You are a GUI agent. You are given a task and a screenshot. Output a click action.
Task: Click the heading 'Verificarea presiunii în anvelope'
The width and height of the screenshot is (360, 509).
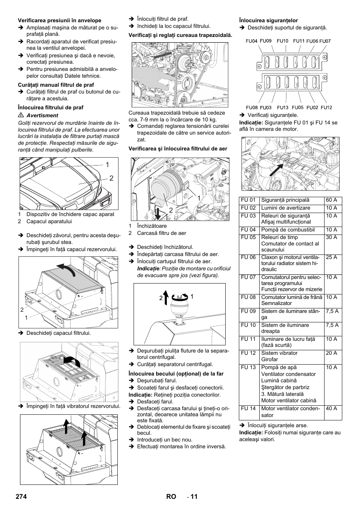coord(60,20)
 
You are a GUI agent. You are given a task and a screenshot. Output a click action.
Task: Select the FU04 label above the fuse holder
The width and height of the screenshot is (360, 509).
coord(251,41)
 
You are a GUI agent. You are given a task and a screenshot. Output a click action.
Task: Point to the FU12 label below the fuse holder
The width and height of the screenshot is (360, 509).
coord(326,107)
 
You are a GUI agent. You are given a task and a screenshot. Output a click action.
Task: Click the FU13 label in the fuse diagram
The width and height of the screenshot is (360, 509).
coord(282,107)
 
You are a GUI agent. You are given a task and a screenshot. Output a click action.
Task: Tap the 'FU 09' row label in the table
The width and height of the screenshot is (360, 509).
coord(248,311)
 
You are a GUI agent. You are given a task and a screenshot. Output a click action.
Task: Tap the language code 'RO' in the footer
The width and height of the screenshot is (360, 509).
coord(171,497)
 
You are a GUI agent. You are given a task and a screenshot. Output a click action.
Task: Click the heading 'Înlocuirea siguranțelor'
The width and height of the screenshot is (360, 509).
coord(268,20)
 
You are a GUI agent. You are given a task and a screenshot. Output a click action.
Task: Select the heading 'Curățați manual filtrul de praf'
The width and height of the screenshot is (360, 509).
coord(56,85)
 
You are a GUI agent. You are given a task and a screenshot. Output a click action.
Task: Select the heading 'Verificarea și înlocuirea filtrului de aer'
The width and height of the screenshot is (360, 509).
coord(178,149)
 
